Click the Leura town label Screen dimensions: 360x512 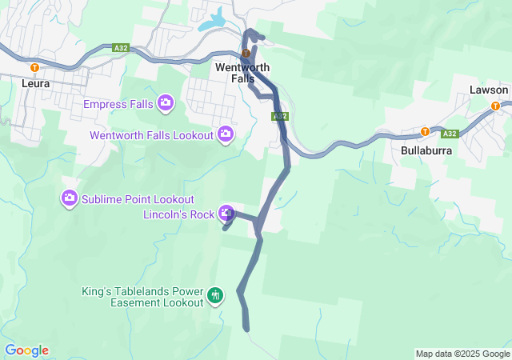pyautogui.click(x=37, y=82)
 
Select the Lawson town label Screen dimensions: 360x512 pyautogui.click(x=489, y=90)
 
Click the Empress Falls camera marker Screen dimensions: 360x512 pyautogui.click(x=166, y=102)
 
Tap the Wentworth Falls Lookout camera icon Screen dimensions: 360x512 pyautogui.click(x=226, y=134)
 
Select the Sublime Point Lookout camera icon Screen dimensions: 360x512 pyautogui.click(x=70, y=198)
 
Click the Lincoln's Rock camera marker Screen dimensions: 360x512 pyautogui.click(x=228, y=214)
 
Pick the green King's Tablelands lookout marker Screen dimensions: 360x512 pyautogui.click(x=215, y=296)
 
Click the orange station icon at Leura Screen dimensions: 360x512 pyautogui.click(x=34, y=68)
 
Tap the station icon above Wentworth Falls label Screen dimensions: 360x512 pyautogui.click(x=246, y=54)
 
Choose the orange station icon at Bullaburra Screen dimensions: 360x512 pyautogui.click(x=425, y=132)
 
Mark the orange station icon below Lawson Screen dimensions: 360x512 pyautogui.click(x=495, y=106)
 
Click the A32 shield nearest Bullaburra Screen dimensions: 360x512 pyautogui.click(x=450, y=134)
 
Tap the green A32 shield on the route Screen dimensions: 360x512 pyautogui.click(x=279, y=117)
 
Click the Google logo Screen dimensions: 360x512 pyautogui.click(x=26, y=350)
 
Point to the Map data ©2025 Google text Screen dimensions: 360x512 pyautogui.click(x=462, y=354)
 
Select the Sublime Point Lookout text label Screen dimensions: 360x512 pyautogui.click(x=138, y=198)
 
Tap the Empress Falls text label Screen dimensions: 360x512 pyautogui.click(x=119, y=103)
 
